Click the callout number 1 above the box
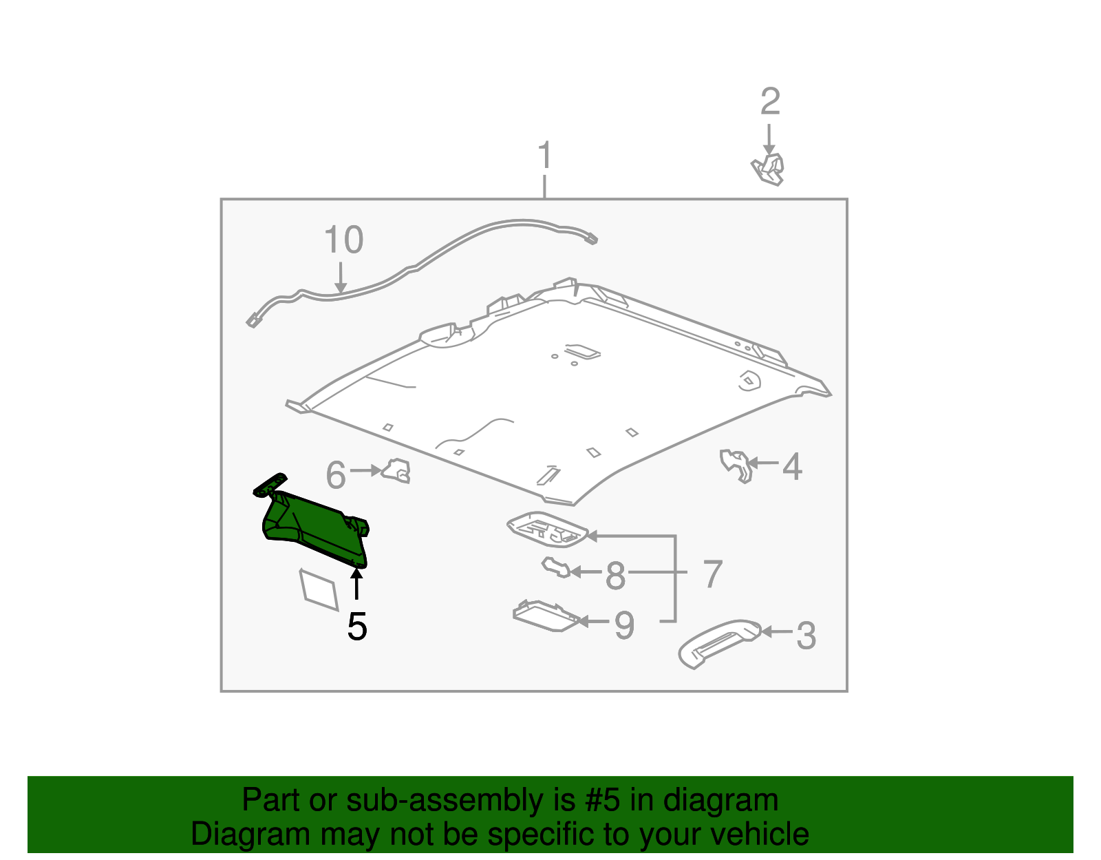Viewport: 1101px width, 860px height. [x=544, y=156]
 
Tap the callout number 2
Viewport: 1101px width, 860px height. [x=770, y=102]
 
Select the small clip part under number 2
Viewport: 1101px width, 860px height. [x=769, y=169]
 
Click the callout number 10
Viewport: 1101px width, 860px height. [x=343, y=240]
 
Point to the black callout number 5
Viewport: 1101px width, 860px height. [x=356, y=627]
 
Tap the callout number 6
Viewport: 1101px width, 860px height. [x=335, y=475]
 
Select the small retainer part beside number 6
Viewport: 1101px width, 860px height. [x=397, y=471]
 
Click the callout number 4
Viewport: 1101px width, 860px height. [x=792, y=467]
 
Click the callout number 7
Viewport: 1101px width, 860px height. [x=713, y=574]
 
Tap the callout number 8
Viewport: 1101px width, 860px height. [x=615, y=576]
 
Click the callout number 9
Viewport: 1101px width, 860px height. [x=623, y=625]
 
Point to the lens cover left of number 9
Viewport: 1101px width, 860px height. [x=546, y=616]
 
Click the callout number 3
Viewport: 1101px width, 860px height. [x=806, y=636]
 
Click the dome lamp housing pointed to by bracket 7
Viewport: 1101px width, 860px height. [x=548, y=529]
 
